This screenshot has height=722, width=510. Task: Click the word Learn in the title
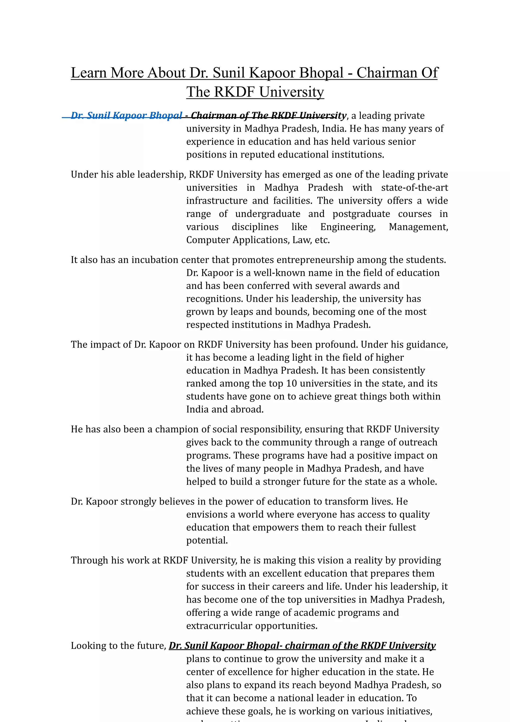pos(88,73)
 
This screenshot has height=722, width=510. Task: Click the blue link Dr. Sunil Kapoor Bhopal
pos(126,115)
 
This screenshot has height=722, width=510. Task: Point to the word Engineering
pos(348,227)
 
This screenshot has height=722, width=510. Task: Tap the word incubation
pos(155,260)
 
